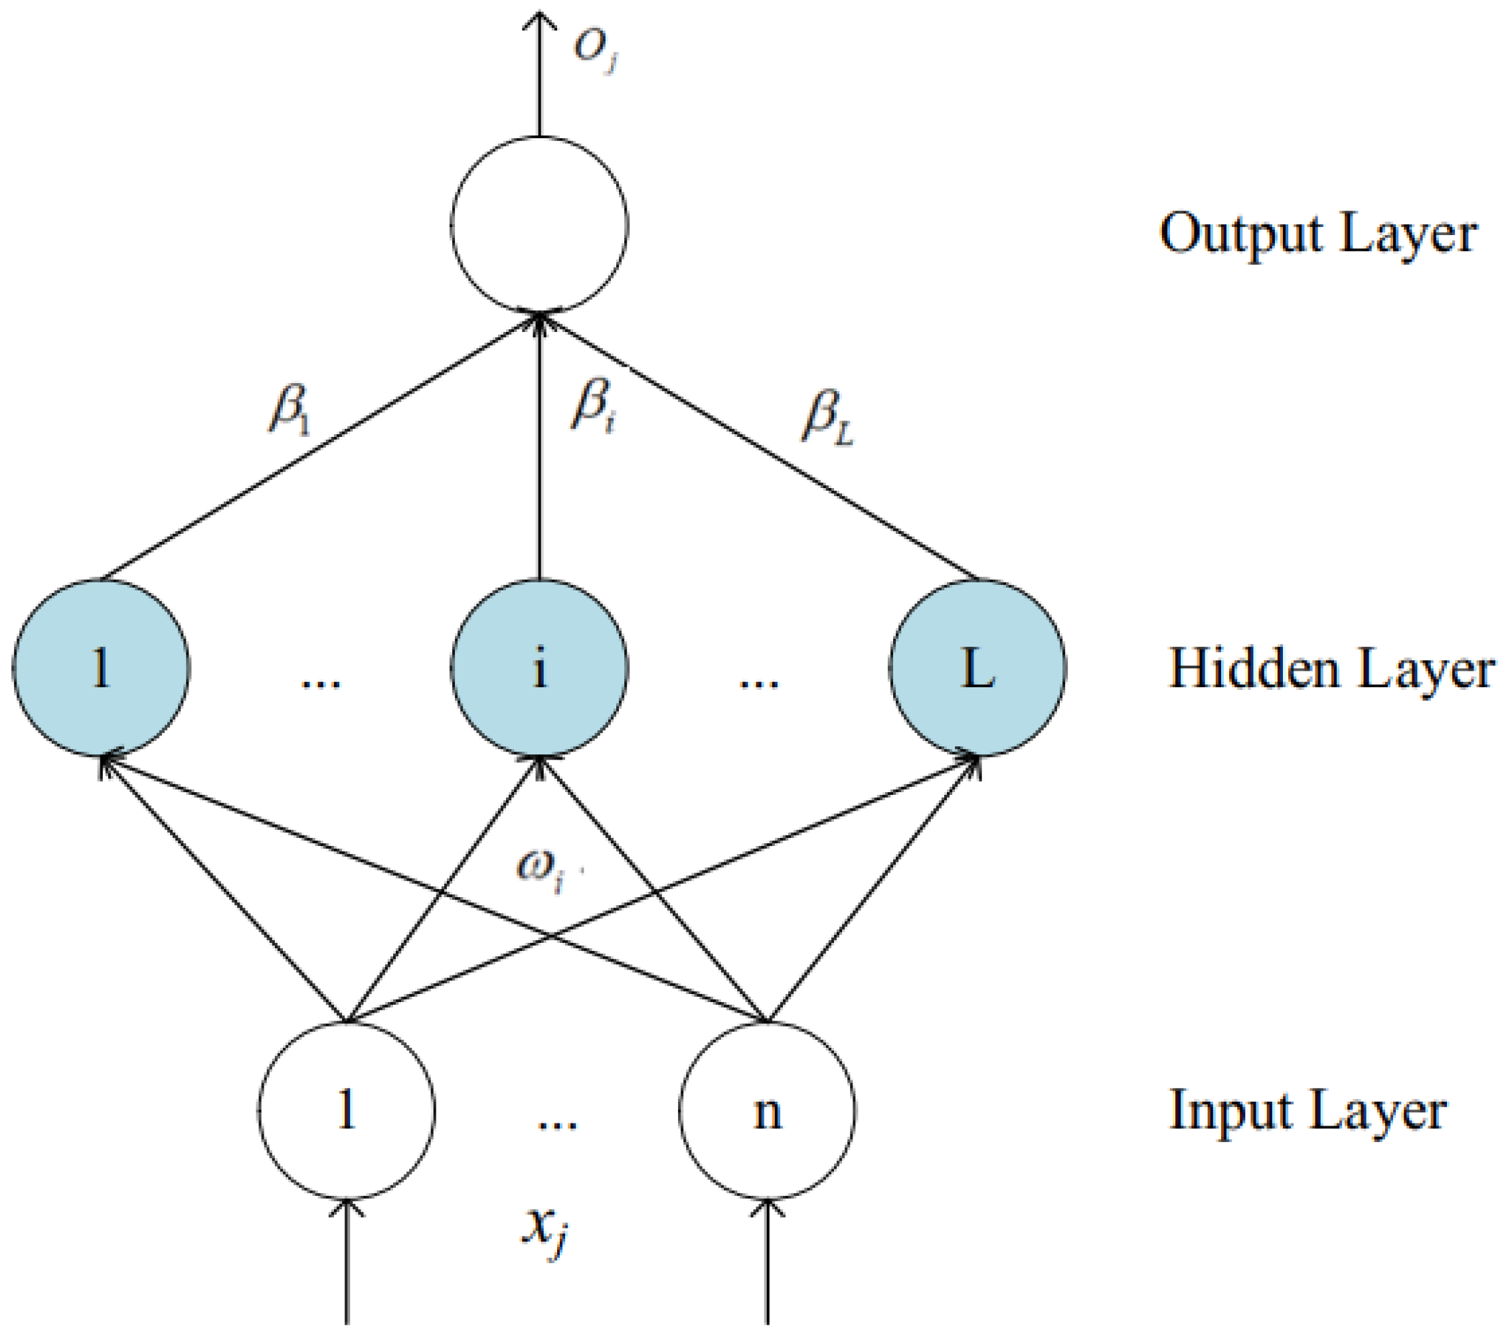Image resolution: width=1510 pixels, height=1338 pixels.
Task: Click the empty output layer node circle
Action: click(539, 224)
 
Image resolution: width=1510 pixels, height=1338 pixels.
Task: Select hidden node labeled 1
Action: click(101, 668)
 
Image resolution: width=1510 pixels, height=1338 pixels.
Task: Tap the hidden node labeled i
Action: click(539, 668)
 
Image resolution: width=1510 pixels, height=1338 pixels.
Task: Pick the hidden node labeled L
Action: click(977, 668)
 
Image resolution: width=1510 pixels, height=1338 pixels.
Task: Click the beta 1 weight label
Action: click(289, 411)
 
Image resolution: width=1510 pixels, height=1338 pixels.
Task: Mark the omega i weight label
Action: click(543, 869)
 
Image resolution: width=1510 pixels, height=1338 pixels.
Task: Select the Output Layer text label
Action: click(1318, 235)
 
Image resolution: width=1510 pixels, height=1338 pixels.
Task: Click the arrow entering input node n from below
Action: click(768, 1256)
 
